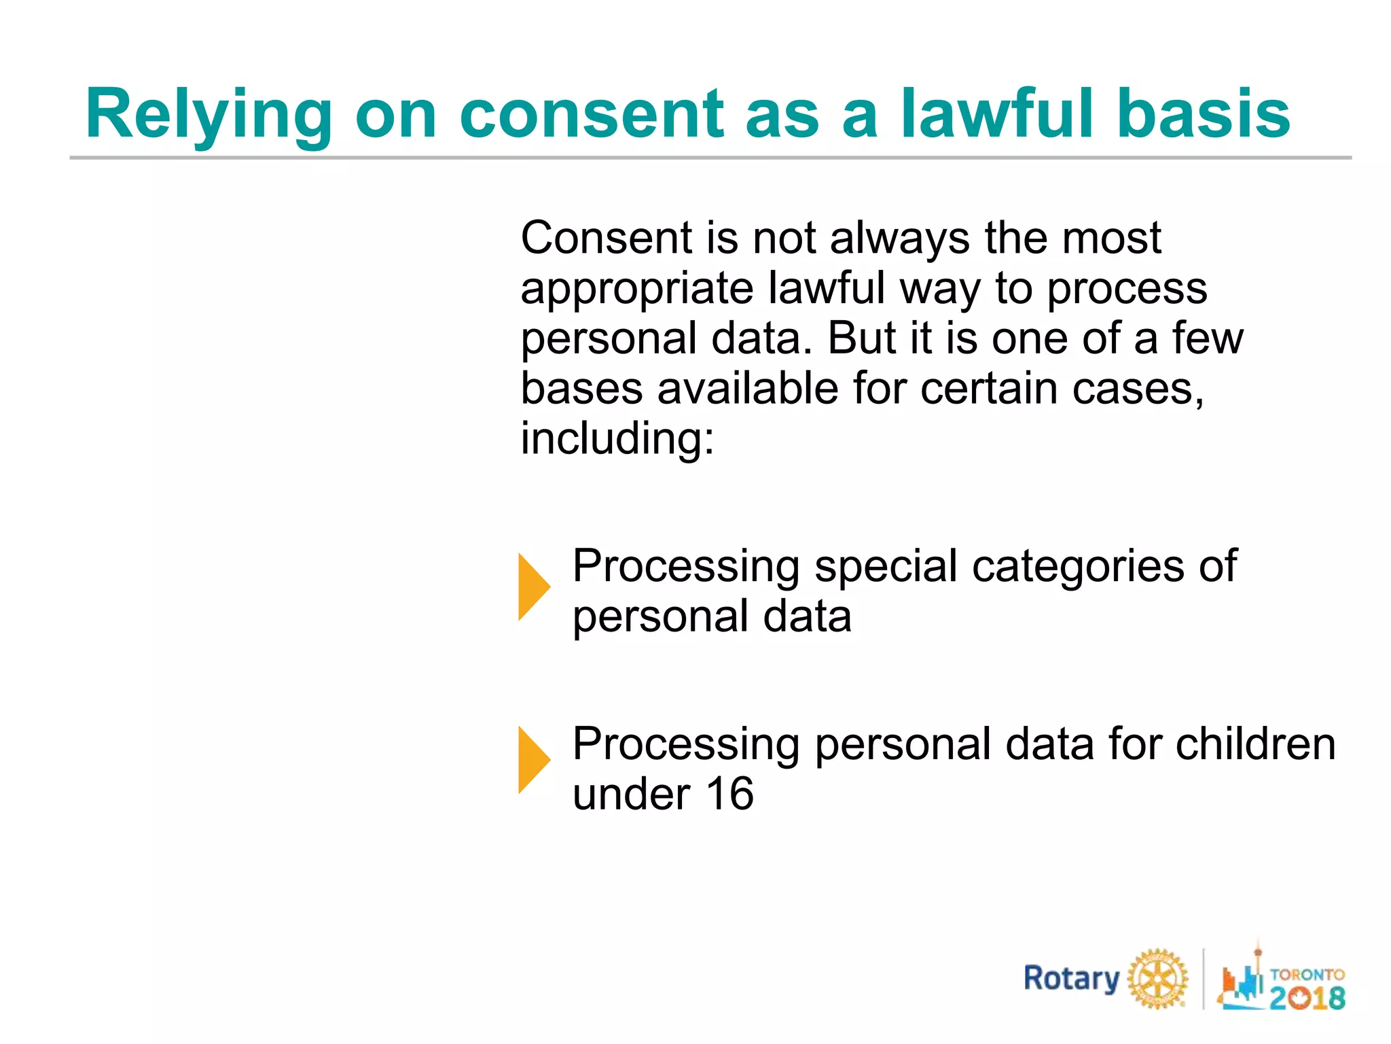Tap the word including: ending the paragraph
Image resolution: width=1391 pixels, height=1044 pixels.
tap(617, 438)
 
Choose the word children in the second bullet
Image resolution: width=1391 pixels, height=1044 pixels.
tap(1255, 744)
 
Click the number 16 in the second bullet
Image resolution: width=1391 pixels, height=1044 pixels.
tap(729, 794)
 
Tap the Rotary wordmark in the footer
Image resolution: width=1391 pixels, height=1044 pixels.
tap(1071, 979)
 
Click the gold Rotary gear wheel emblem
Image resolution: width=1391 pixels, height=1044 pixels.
tap(1158, 979)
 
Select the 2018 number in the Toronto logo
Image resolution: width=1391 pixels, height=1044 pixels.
tap(1307, 998)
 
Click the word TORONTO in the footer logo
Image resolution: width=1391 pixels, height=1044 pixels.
tap(1307, 974)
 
